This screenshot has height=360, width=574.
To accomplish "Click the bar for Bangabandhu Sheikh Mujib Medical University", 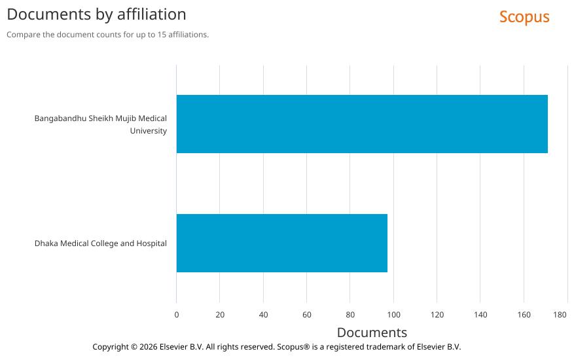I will (361, 124).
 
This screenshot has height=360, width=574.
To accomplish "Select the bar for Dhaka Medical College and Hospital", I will (281, 243).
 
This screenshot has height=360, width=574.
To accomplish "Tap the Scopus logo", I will (524, 17).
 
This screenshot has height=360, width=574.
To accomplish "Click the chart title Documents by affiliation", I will (96, 14).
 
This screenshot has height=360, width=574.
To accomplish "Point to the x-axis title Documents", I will (372, 333).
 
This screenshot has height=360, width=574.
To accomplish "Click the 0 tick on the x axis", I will (177, 315).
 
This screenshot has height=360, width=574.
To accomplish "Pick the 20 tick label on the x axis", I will (220, 315).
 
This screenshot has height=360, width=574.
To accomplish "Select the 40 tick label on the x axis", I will (263, 315).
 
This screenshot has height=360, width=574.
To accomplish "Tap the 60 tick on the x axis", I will (307, 315).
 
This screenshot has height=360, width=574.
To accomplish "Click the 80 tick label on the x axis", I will (350, 315).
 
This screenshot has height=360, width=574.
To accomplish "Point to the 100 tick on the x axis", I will (394, 315).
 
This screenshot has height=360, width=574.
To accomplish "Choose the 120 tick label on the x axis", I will (437, 315).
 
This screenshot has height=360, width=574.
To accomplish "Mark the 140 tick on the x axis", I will (480, 315).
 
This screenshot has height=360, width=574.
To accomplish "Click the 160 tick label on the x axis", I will (524, 315).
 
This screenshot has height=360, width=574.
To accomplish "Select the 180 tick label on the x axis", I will (560, 315).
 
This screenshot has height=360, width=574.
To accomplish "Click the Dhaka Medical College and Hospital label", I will (101, 243).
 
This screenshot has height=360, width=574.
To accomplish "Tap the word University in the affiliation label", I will (149, 131).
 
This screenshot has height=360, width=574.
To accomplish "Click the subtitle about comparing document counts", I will (107, 35).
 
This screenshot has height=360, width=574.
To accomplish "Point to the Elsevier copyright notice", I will (276, 347).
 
